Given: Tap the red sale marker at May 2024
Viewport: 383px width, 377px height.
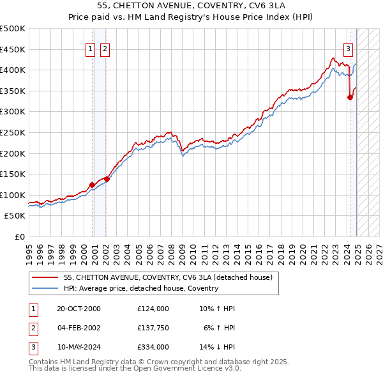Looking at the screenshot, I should tap(350, 97).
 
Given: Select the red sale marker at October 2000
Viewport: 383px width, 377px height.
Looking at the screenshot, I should tap(92, 185).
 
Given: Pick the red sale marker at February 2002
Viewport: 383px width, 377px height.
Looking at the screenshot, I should tap(107, 179).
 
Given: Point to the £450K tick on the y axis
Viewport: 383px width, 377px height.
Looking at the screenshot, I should tap(13, 49).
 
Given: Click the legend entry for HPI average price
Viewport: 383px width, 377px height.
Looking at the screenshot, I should tap(141, 288).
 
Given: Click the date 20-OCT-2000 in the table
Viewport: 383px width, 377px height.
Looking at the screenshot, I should tap(79, 309).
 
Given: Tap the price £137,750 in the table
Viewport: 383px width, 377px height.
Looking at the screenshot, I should tap(153, 328).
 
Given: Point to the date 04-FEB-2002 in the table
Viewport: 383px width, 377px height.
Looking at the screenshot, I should tap(79, 328).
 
